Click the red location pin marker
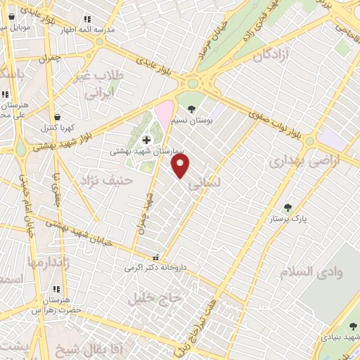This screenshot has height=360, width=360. (181, 165)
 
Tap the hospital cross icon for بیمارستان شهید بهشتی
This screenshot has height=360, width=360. (146, 140)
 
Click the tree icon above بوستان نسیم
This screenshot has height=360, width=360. (192, 108)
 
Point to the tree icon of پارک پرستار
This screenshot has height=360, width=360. (287, 207)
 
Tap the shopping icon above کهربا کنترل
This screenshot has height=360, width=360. (57, 117)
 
